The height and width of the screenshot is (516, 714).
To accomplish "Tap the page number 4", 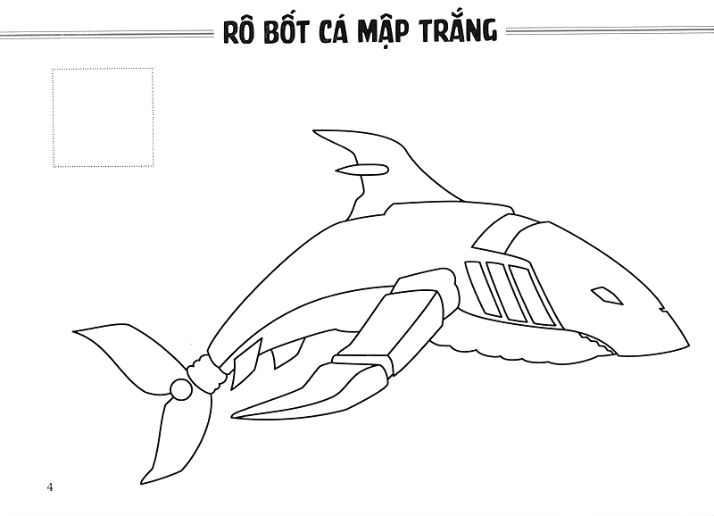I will (x=50, y=487).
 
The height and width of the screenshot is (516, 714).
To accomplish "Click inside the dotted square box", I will (x=103, y=117).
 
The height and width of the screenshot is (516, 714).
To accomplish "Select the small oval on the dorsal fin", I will (x=366, y=169).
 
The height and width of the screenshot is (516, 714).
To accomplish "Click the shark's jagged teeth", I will (x=594, y=339).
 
